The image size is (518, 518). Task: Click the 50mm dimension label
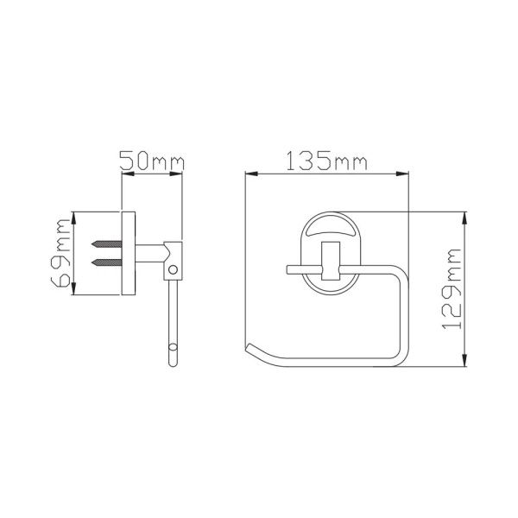[x=151, y=161]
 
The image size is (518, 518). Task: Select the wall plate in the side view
[x=126, y=252]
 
